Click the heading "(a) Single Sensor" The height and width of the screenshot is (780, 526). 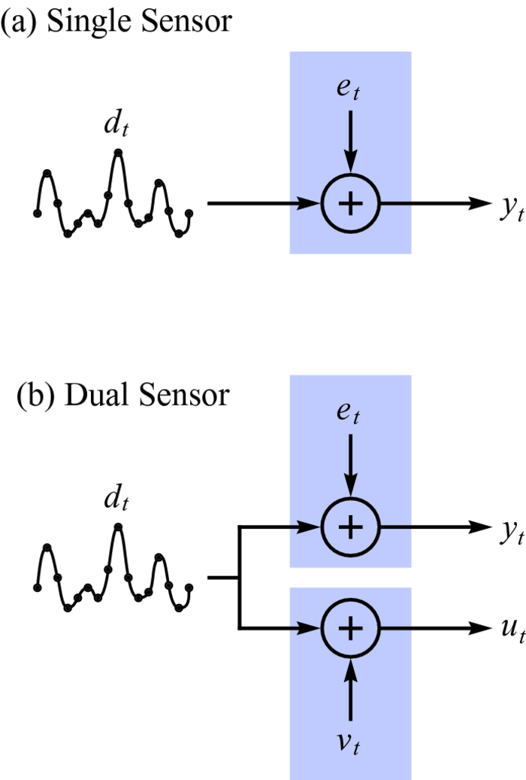coord(116,23)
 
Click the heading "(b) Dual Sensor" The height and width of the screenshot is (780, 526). coord(122,394)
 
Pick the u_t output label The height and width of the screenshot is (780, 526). coord(511,629)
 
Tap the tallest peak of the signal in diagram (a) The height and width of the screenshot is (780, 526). coord(117,153)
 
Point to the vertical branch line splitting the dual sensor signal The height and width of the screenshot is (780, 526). coord(239,577)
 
